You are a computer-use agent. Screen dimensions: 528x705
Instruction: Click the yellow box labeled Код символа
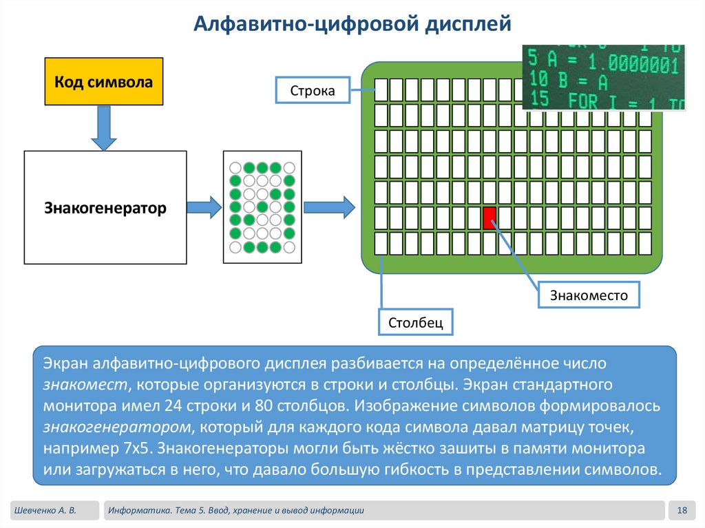pos(104,82)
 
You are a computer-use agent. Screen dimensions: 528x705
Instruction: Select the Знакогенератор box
pos(105,207)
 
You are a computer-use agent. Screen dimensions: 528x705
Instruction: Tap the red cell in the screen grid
pos(490,218)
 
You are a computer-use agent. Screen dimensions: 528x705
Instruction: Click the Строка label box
pos(312,90)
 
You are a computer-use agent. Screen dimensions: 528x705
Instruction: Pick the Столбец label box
pos(415,321)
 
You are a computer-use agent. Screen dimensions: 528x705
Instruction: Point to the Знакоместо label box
pos(589,295)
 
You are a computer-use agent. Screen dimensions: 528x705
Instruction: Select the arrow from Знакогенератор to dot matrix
pos(204,207)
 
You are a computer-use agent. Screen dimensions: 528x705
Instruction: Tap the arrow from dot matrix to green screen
pos(329,207)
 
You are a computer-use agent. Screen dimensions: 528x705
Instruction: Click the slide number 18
pos(682,510)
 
